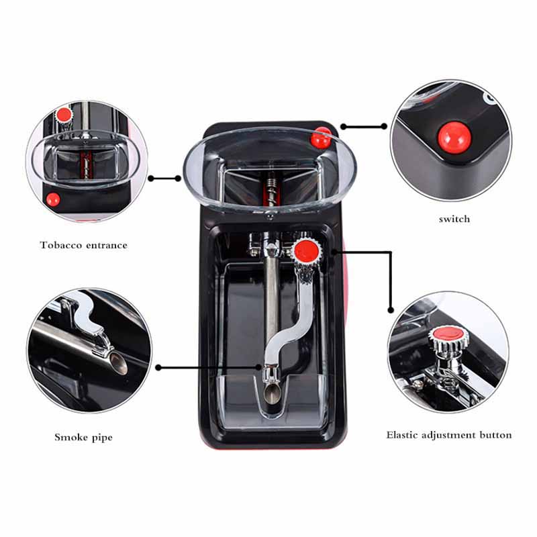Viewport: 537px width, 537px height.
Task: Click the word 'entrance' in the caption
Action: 107,246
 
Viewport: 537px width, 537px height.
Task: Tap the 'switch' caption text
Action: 454,219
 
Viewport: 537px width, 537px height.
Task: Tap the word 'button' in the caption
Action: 495,435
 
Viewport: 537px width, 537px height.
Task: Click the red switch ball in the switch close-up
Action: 454,137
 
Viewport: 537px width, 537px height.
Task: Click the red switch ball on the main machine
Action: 322,138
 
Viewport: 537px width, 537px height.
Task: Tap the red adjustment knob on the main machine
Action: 307,251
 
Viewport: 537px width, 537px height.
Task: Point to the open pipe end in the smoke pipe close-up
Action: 118,363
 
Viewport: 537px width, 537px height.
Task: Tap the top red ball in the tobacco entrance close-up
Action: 64,114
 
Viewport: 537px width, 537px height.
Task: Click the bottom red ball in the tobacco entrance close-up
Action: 53,199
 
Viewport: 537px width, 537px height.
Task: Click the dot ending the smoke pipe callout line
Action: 158,367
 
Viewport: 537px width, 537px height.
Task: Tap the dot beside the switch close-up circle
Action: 384,126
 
